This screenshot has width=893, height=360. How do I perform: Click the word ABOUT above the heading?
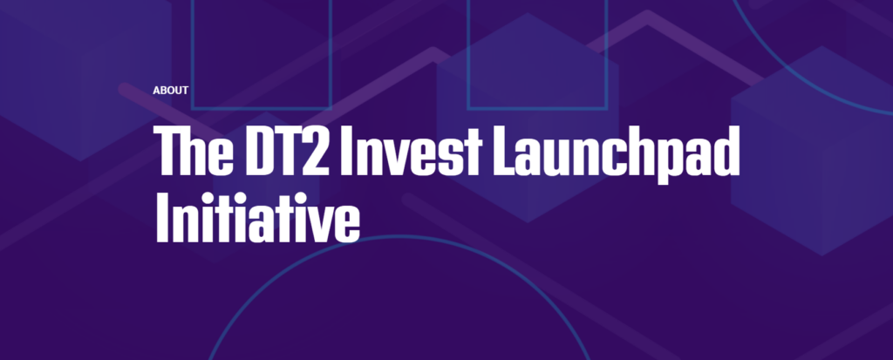coord(170,91)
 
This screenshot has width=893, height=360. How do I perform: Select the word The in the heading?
coord(193,151)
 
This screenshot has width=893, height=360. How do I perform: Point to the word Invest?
coord(411,151)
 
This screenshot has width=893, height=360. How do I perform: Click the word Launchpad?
coord(617,153)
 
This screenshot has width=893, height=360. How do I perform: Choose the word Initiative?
coord(257,218)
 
